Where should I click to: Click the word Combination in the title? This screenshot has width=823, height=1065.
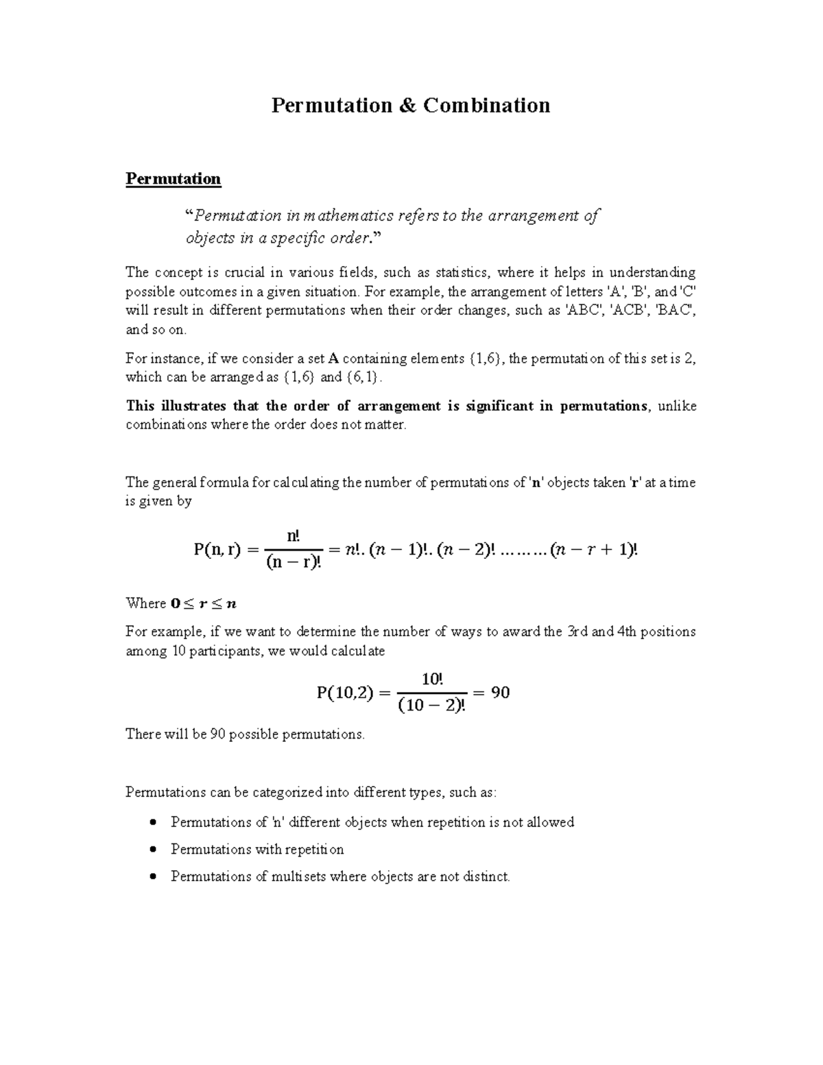tap(486, 106)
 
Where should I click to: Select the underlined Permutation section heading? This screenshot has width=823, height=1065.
tap(173, 179)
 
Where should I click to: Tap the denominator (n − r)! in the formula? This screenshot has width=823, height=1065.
tap(294, 563)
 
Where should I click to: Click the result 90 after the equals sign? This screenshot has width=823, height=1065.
tap(500, 693)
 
